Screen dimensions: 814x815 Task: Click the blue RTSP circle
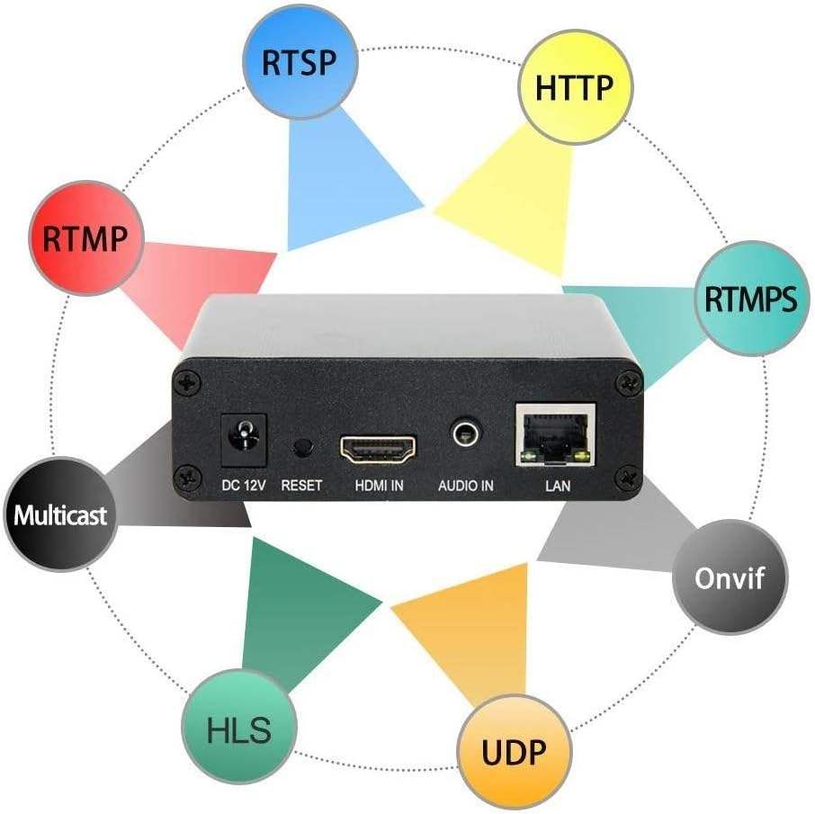(x=300, y=63)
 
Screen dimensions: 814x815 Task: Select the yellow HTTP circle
(x=574, y=87)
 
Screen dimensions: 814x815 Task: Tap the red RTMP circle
(x=86, y=238)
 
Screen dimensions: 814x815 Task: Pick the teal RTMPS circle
(x=749, y=299)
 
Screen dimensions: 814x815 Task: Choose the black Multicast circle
(x=60, y=514)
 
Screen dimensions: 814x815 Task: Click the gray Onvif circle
(x=729, y=577)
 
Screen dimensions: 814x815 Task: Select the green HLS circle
(x=238, y=729)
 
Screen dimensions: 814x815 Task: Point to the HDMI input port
(x=379, y=446)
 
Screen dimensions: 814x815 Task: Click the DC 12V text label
(x=244, y=486)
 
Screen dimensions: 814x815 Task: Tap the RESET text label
(x=301, y=486)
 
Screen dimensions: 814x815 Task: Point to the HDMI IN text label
(x=378, y=486)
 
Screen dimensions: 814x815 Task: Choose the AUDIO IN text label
(x=465, y=486)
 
